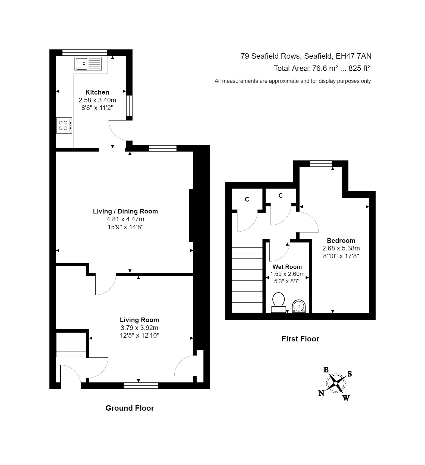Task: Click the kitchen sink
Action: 88,64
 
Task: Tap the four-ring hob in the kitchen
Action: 64,125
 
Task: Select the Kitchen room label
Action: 97,92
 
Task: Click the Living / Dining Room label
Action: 125,211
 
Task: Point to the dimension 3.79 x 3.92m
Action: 139,328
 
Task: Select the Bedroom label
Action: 341,241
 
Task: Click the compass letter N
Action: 321,393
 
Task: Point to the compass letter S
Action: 350,374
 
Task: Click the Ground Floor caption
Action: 130,408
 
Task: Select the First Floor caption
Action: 300,339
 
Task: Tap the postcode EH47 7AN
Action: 354,56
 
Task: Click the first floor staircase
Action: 247,277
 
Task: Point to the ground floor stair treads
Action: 71,345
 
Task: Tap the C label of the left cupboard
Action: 247,200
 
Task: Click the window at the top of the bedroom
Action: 321,164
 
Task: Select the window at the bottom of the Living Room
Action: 141,385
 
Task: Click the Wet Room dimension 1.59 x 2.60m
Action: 287,274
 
